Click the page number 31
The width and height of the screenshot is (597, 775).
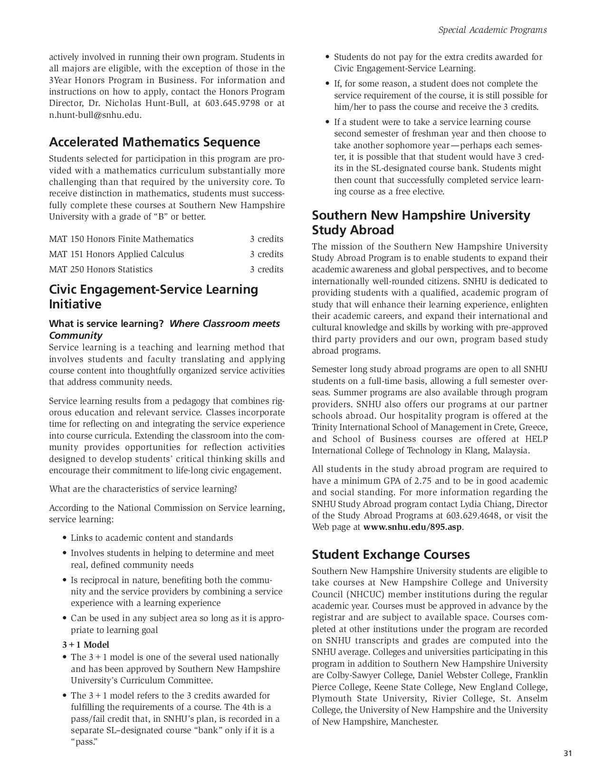point(567,753)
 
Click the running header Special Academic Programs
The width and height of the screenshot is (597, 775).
point(492,30)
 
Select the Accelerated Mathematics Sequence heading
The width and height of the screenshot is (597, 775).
point(154,142)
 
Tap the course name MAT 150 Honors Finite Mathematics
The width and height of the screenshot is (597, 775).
point(121,239)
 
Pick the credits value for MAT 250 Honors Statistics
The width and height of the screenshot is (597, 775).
point(267,269)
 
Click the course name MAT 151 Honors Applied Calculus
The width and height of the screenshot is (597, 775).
point(116,254)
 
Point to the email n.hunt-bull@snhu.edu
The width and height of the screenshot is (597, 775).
point(95,115)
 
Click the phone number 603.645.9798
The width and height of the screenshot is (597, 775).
point(232,103)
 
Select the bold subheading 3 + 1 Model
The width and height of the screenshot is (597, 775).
point(86,645)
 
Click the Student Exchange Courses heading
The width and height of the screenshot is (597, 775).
point(391,555)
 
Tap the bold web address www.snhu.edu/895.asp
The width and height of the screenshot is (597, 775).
point(413,527)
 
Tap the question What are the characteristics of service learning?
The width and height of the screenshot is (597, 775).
point(143,489)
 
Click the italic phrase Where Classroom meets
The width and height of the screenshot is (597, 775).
point(224,324)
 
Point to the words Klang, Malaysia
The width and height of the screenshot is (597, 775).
point(499,450)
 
